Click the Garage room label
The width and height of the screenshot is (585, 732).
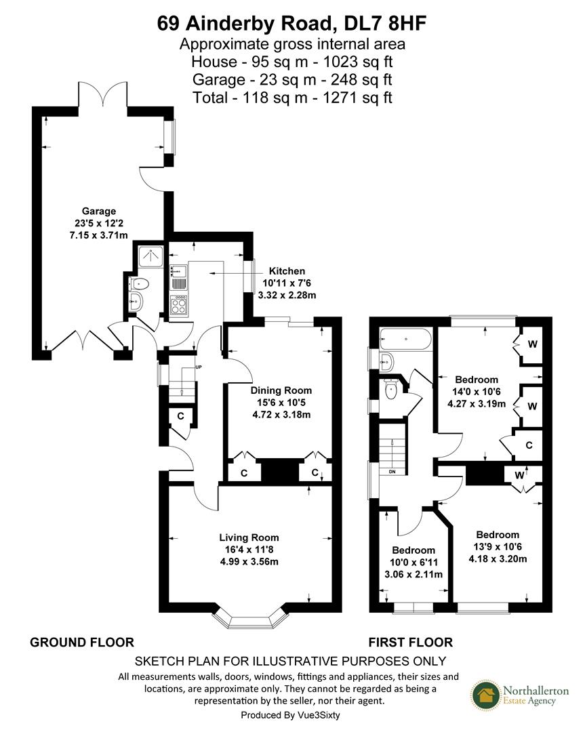coord(99,211)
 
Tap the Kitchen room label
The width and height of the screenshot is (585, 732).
coord(287,270)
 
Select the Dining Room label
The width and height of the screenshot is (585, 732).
coord(281,390)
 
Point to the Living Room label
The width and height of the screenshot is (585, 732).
coord(249,537)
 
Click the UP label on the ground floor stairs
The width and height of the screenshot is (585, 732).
coord(199,367)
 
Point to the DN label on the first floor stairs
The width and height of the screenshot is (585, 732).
coord(392,471)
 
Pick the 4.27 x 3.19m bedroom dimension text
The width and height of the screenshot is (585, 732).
coord(477,404)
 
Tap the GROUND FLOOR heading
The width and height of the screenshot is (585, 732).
coord(82,642)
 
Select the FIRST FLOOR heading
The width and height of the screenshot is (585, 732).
coord(410,642)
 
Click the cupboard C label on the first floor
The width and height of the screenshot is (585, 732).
coord(528,445)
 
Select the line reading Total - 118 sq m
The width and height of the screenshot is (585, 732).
coord(292,97)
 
